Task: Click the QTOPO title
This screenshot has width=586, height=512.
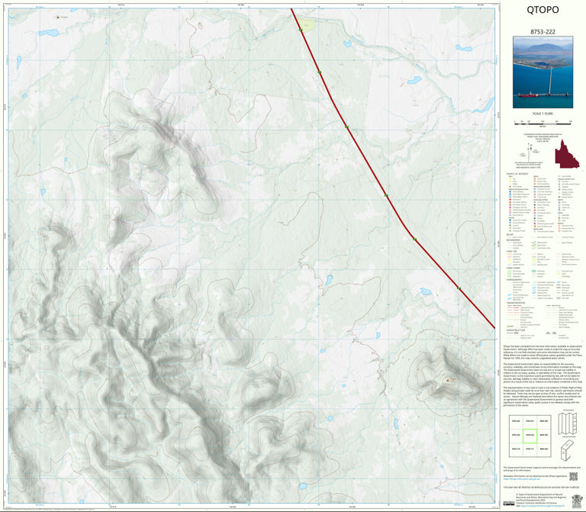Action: (543, 10)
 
